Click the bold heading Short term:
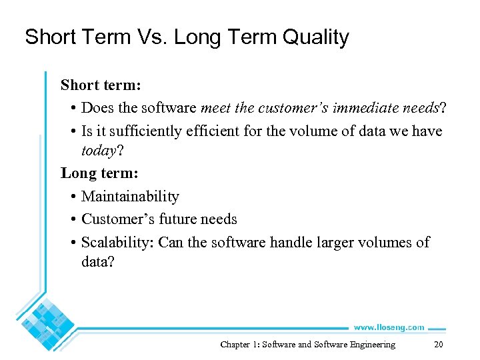click(x=99, y=85)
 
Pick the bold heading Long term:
click(x=99, y=173)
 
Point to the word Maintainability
click(x=130, y=197)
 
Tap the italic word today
click(x=99, y=151)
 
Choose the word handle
click(x=291, y=242)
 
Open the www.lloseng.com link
click(x=388, y=327)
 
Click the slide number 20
click(x=438, y=345)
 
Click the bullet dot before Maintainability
click(x=71, y=197)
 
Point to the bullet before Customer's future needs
click(x=71, y=220)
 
